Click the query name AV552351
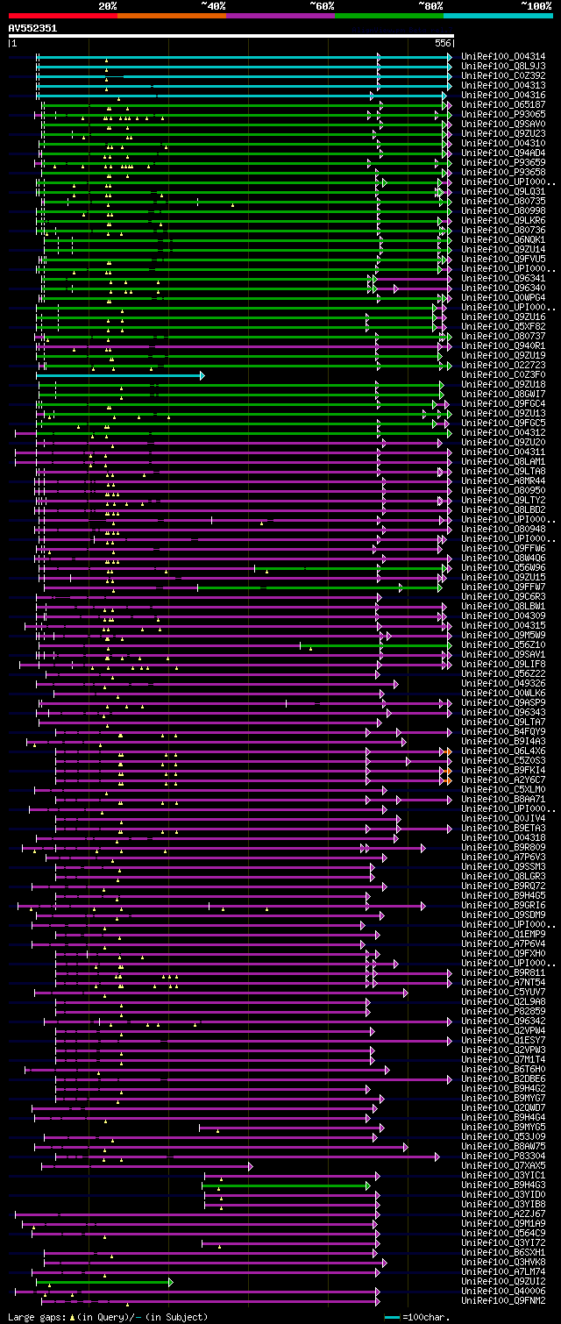tap(32, 28)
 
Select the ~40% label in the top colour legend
tap(213, 5)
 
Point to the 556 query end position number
tap(443, 43)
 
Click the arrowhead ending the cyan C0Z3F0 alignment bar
tap(202, 375)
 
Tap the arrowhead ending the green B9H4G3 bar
tap(369, 1185)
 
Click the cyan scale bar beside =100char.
tap(392, 1317)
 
